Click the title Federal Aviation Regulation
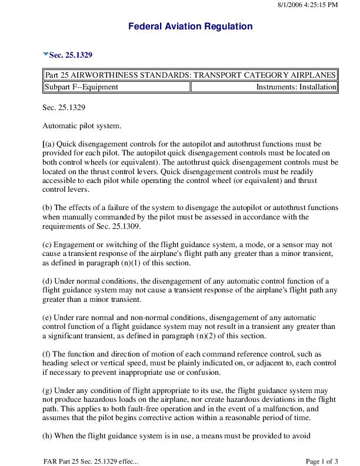tap(190, 26)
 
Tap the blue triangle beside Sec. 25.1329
tap(45, 54)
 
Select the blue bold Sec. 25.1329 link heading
tap(71, 55)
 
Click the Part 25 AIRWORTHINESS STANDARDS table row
tap(190, 75)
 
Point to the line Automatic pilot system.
tap(82, 125)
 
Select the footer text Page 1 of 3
tap(322, 460)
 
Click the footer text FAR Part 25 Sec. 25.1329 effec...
tap(91, 460)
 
